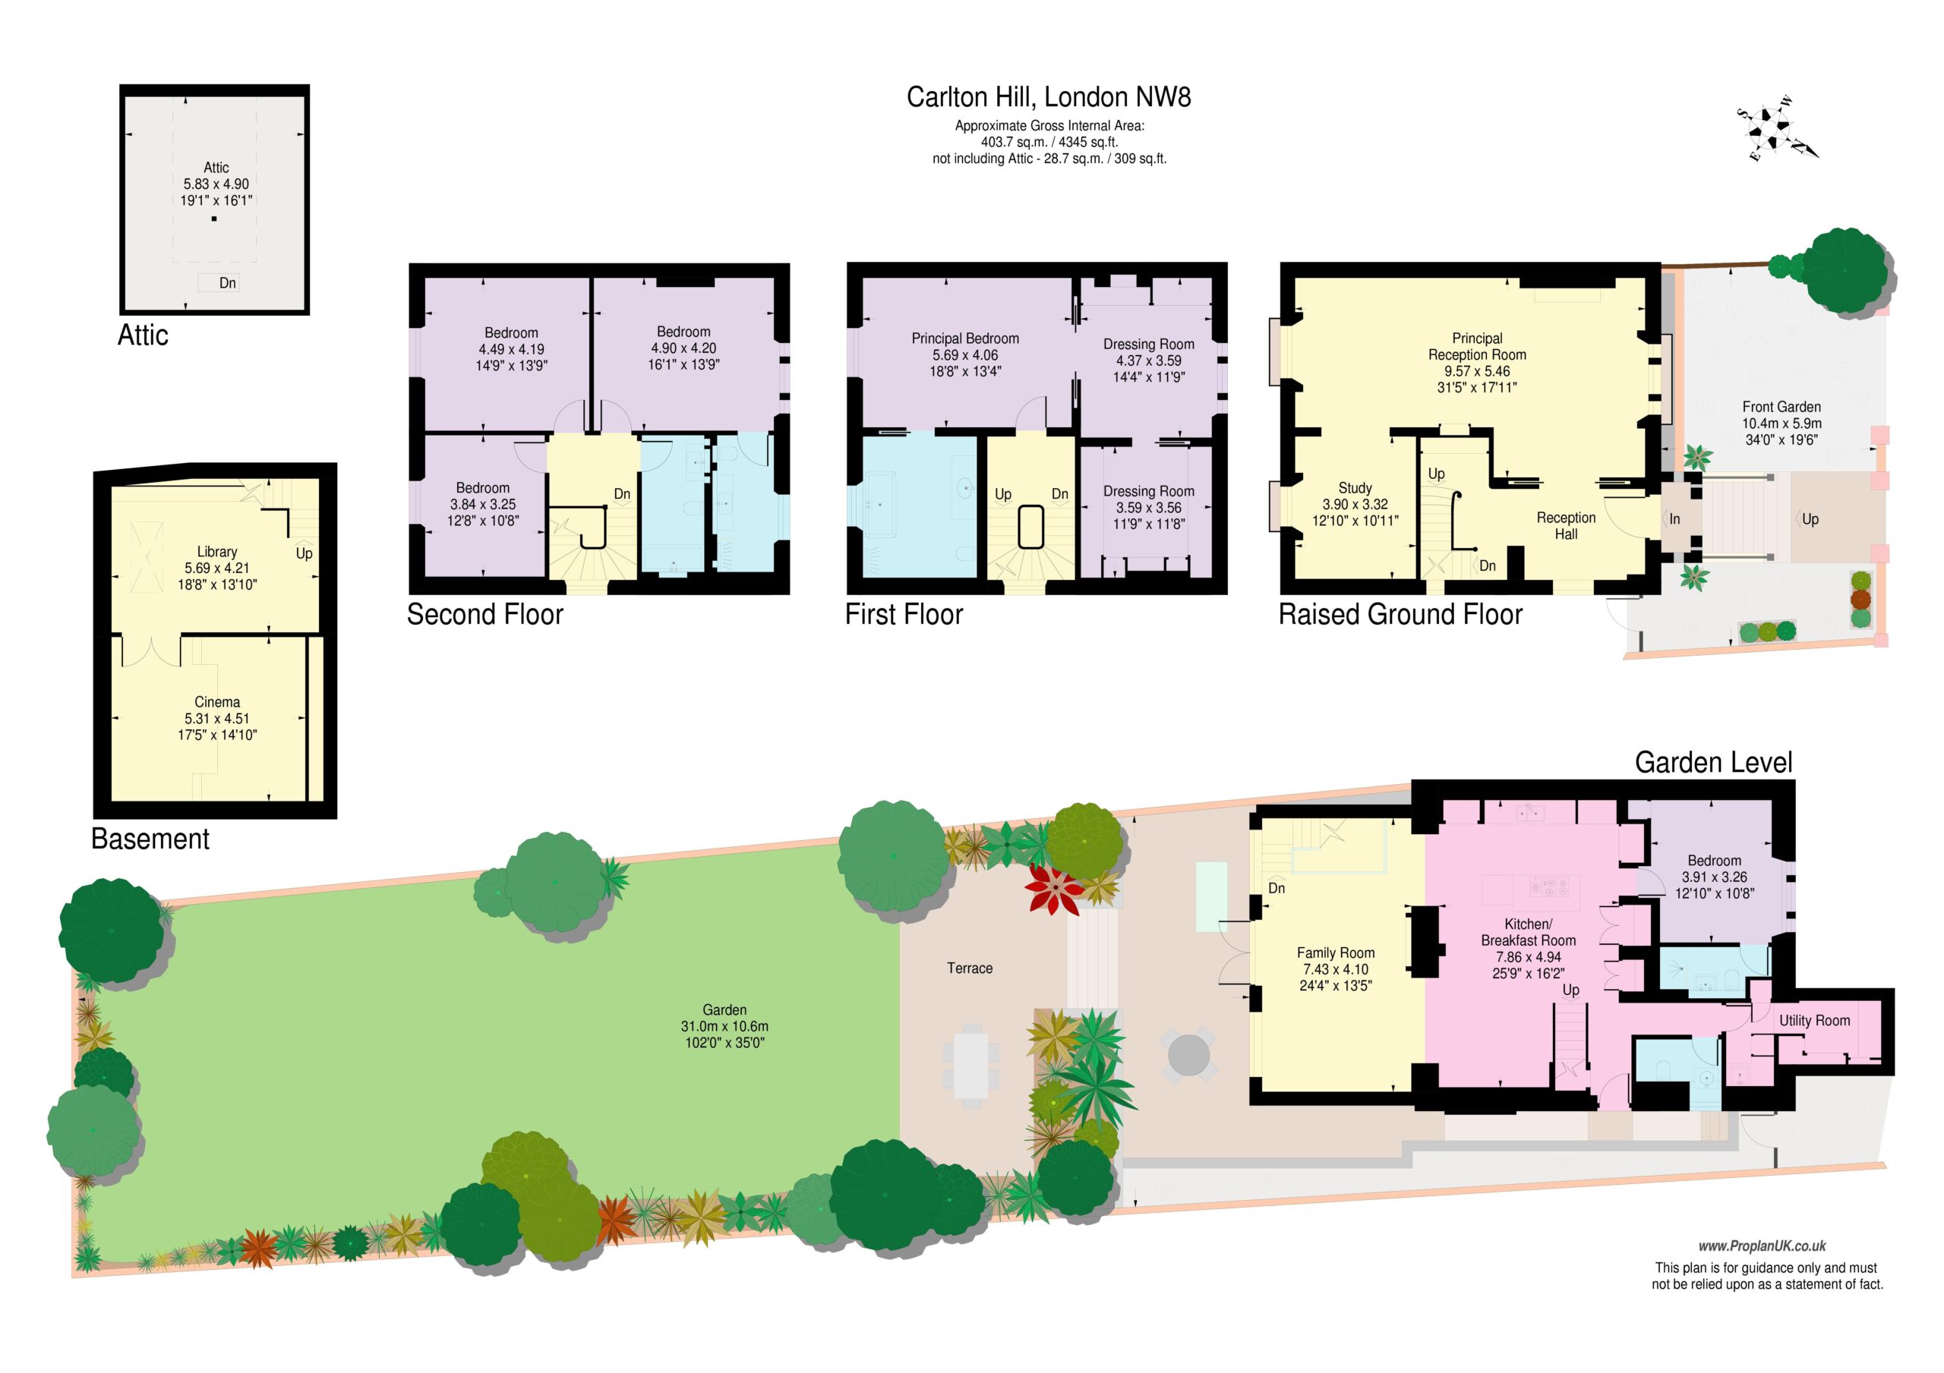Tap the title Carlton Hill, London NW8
[x=1048, y=97]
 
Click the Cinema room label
[x=216, y=702]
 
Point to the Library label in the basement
[x=216, y=552]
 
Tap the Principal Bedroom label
[x=965, y=339]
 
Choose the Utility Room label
[x=1814, y=1020]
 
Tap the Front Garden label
[x=1781, y=407]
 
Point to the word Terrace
[x=970, y=968]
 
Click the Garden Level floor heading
[x=1713, y=763]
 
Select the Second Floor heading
[x=485, y=614]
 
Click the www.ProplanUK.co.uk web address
[x=1762, y=1246]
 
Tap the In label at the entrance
[x=1674, y=519]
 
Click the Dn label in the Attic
[x=227, y=283]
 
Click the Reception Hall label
[x=1566, y=526]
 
